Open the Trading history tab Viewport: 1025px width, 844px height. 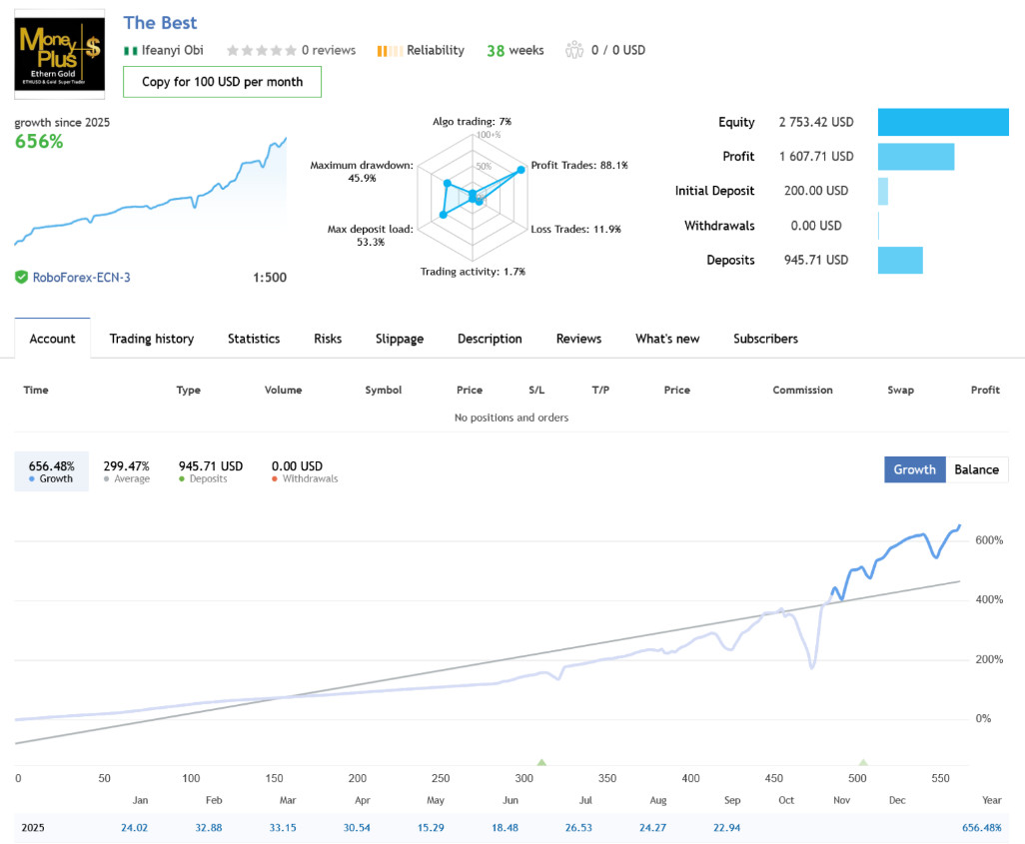click(x=151, y=339)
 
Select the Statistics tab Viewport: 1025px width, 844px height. click(x=254, y=339)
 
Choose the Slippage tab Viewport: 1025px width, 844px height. click(x=400, y=339)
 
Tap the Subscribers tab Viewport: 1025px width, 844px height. click(x=765, y=339)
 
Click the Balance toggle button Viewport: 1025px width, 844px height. click(x=976, y=469)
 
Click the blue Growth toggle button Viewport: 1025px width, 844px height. click(x=914, y=469)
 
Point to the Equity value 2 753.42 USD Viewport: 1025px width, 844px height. click(x=816, y=122)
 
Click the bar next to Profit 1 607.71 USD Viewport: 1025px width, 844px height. click(x=915, y=157)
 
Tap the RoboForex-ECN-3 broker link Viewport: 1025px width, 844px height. click(x=81, y=277)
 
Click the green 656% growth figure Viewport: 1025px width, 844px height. click(x=39, y=142)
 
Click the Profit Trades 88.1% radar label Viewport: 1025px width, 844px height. click(x=579, y=165)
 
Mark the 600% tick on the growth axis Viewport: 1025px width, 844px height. click(x=989, y=540)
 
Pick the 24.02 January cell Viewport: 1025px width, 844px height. click(x=135, y=828)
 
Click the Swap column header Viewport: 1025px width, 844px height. click(x=900, y=390)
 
